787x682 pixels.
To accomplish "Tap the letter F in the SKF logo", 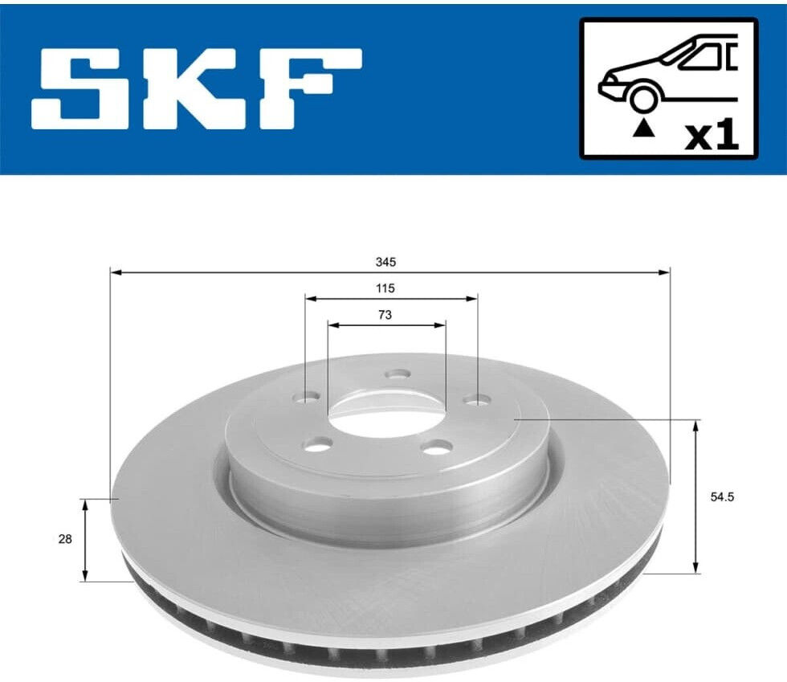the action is click(312, 88).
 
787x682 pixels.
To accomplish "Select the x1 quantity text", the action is click(712, 136).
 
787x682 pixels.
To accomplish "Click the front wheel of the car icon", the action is click(643, 99).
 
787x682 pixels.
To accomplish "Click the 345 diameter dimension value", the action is click(385, 262).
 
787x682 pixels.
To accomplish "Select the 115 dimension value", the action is click(385, 288).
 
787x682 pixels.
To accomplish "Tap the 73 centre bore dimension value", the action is click(385, 315).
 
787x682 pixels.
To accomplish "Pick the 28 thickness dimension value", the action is click(65, 539).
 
